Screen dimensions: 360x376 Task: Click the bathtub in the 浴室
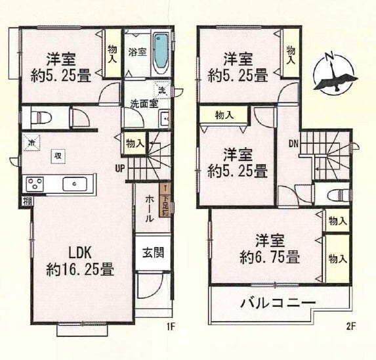[160, 53]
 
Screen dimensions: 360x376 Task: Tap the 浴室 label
[136, 51]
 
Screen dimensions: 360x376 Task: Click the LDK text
[83, 252]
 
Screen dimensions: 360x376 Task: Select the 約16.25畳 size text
[81, 269]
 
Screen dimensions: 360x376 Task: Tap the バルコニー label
[278, 304]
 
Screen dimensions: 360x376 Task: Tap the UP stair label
[120, 168]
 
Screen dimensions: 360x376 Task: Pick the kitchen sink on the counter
[75, 183]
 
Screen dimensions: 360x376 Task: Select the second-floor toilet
[334, 194]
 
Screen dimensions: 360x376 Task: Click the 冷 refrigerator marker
[31, 141]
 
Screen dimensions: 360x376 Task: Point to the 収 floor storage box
[59, 155]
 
